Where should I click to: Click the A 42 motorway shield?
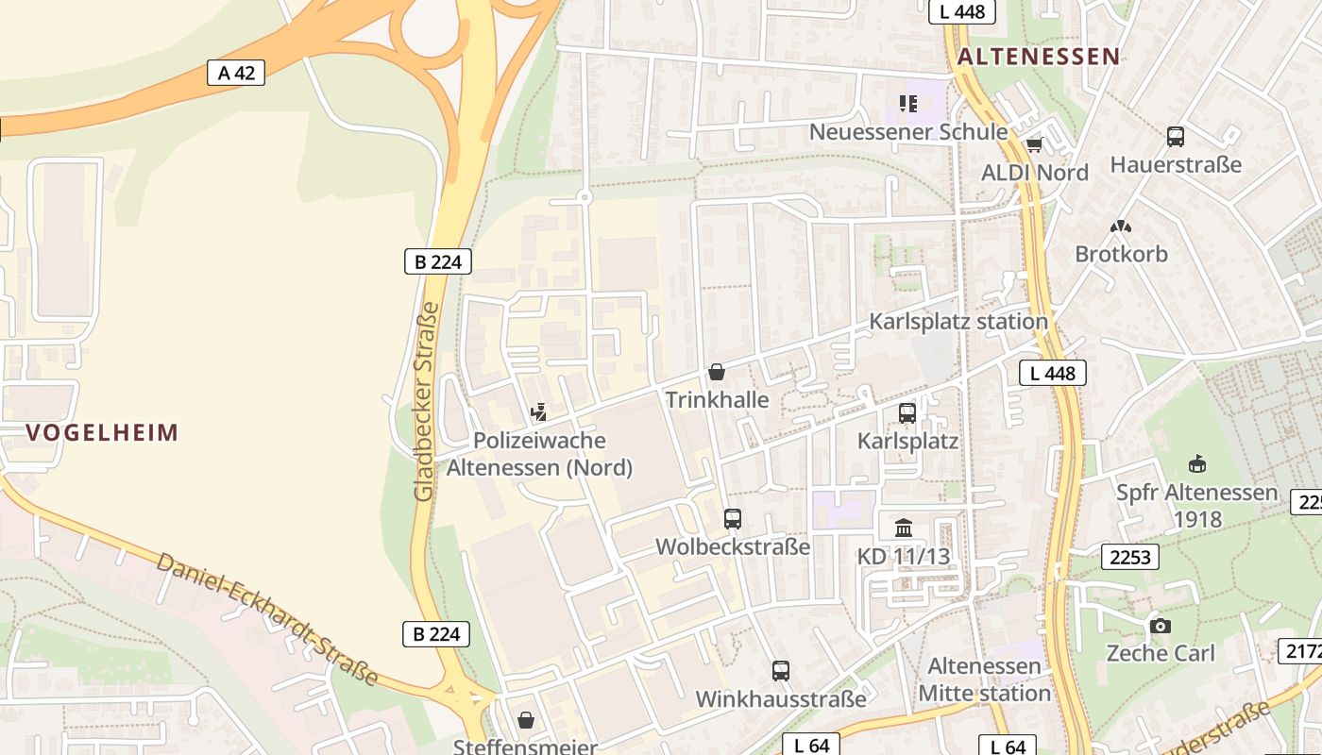pyautogui.click(x=236, y=73)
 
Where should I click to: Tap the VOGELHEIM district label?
pyautogui.click(x=102, y=433)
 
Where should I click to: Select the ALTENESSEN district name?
pyautogui.click(x=1039, y=57)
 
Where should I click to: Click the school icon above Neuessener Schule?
pyautogui.click(x=908, y=104)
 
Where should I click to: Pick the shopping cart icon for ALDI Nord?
pyautogui.click(x=1034, y=144)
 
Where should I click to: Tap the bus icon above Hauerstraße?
pyautogui.click(x=1176, y=137)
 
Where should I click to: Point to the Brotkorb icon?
pyautogui.click(x=1121, y=226)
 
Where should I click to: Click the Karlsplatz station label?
pyautogui.click(x=958, y=322)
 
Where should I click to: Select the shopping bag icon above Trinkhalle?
pyautogui.click(x=717, y=372)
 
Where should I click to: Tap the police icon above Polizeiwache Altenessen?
pyautogui.click(x=538, y=411)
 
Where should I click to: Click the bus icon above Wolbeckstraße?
pyautogui.click(x=733, y=518)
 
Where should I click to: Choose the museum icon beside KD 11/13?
pyautogui.click(x=904, y=528)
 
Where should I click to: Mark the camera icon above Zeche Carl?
pyautogui.click(x=1161, y=626)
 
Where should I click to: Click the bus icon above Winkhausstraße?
pyautogui.click(x=781, y=671)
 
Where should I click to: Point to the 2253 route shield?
pyautogui.click(x=1130, y=558)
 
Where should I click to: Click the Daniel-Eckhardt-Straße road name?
pyautogui.click(x=267, y=618)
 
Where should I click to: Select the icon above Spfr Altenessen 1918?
pyautogui.click(x=1196, y=463)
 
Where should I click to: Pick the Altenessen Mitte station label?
pyautogui.click(x=985, y=679)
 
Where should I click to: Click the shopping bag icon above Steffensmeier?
pyautogui.click(x=526, y=721)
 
